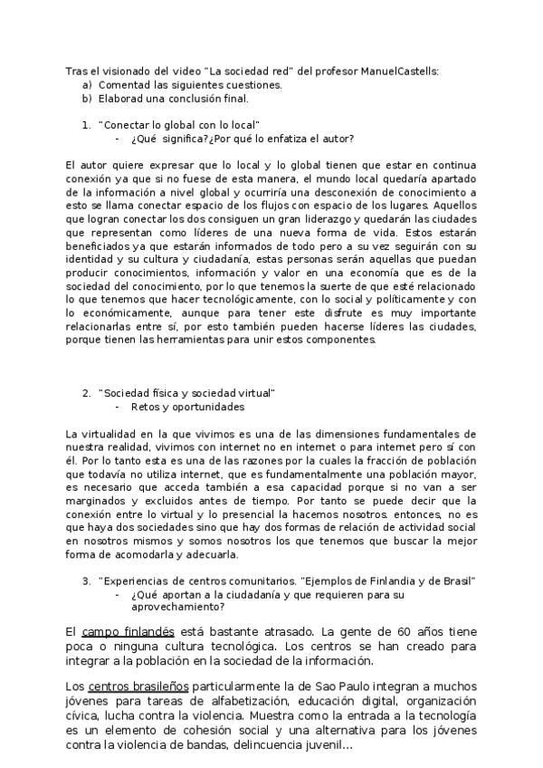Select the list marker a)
point(87,85)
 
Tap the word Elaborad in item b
point(120,98)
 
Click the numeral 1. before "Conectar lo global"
point(86,124)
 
